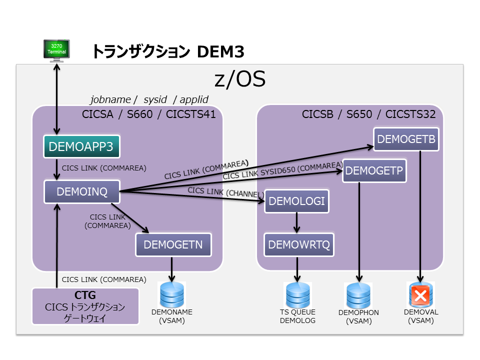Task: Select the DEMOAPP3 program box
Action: (x=81, y=147)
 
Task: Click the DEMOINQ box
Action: (x=82, y=191)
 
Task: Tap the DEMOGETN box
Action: (x=173, y=245)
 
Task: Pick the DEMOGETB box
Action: (x=406, y=139)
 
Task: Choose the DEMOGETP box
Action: (x=373, y=170)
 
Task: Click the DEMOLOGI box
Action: (x=297, y=201)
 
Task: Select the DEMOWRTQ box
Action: (x=299, y=245)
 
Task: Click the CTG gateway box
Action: (x=85, y=306)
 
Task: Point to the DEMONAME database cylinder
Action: (x=171, y=294)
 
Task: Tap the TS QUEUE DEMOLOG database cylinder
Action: (x=298, y=295)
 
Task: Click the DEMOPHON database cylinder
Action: (x=358, y=295)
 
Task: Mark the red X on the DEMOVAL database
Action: (x=420, y=295)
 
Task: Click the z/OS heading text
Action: (x=239, y=79)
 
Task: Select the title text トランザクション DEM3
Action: (x=167, y=51)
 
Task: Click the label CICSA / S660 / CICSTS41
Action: (x=148, y=114)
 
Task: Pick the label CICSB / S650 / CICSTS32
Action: (x=368, y=114)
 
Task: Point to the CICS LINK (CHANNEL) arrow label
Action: (x=225, y=193)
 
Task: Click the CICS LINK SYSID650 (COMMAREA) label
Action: (x=282, y=170)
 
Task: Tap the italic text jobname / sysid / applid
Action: (x=148, y=99)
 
